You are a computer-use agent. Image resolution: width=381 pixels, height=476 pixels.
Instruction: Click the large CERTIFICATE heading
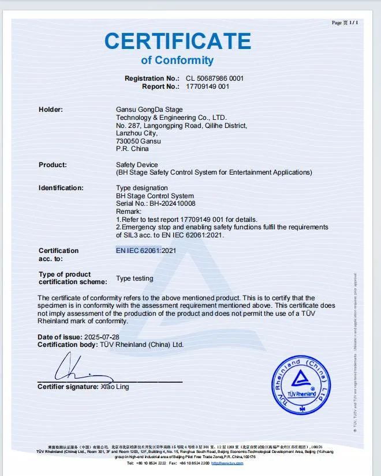(177, 41)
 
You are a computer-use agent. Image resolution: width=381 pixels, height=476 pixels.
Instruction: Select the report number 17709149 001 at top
(207, 86)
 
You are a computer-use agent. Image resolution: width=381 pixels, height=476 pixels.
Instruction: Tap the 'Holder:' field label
(51, 109)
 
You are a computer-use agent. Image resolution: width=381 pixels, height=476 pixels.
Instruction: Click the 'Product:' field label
(53, 165)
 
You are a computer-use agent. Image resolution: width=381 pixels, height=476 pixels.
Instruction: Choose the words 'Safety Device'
(137, 165)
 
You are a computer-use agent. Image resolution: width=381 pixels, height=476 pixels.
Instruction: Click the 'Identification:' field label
(61, 188)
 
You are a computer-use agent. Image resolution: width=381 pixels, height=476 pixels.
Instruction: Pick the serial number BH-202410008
(172, 203)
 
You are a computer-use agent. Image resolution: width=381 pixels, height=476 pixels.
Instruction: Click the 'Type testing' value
(135, 278)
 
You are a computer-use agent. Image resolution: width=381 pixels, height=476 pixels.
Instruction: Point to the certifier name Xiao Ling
(115, 387)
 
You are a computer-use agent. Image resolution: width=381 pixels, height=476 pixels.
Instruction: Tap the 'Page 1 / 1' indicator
(345, 22)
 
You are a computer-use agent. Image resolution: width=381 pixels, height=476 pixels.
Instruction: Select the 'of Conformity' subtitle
(177, 61)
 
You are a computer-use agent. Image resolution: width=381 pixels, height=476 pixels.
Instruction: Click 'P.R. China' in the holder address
(132, 149)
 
